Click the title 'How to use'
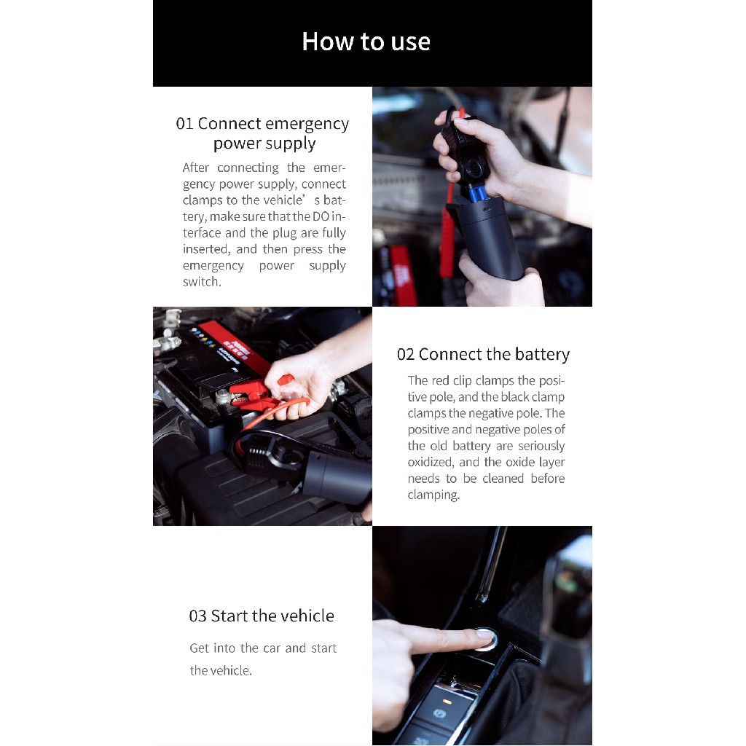pyautogui.click(x=366, y=42)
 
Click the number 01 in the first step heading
pyautogui.click(x=184, y=124)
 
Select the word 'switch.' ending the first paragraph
pyautogui.click(x=202, y=282)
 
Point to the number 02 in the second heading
pyautogui.click(x=406, y=355)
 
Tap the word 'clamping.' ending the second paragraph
pyautogui.click(x=433, y=495)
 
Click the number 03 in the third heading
pyautogui.click(x=198, y=616)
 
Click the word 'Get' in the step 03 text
pyautogui.click(x=199, y=648)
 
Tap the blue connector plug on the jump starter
pyautogui.click(x=477, y=192)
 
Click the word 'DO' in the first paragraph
pyautogui.click(x=321, y=217)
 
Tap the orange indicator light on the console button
pyautogui.click(x=447, y=701)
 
